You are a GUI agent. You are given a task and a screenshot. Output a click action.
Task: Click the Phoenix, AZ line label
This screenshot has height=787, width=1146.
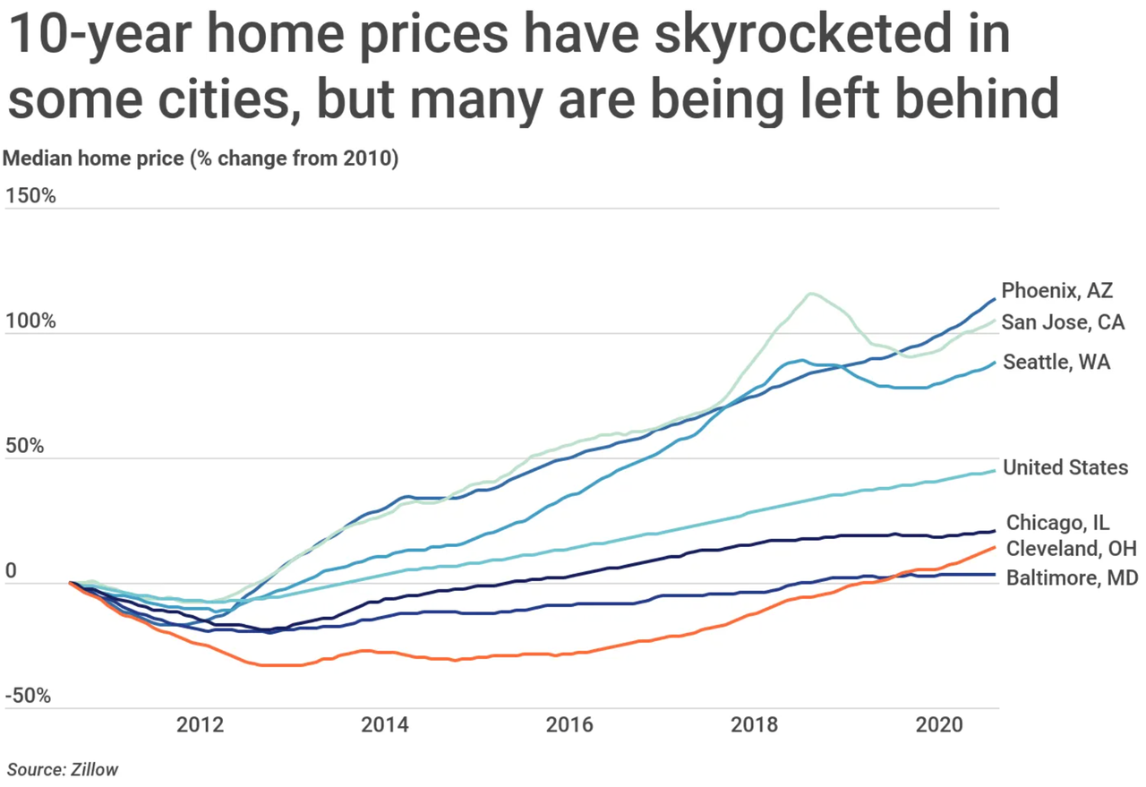click(1056, 291)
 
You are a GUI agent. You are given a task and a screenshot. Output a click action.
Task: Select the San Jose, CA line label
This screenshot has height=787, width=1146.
click(1063, 322)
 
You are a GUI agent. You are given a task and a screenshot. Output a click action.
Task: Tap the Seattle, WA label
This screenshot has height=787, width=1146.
click(1056, 363)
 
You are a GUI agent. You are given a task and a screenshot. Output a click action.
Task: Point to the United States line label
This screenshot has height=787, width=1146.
click(1065, 467)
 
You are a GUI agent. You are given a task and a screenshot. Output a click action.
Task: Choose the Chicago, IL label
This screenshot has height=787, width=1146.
click(1059, 523)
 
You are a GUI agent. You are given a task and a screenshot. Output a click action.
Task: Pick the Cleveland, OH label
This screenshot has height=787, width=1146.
click(1072, 548)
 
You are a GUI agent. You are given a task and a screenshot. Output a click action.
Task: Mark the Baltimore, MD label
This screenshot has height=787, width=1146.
click(1072, 577)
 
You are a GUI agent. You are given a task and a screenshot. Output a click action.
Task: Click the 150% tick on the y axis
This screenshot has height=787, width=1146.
click(31, 195)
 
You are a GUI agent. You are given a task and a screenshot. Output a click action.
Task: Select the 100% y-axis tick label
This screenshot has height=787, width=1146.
click(31, 321)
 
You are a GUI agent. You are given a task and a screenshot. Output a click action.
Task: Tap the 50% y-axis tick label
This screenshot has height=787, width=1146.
click(27, 446)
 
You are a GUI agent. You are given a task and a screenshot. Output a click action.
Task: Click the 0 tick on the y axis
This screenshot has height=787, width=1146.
click(12, 571)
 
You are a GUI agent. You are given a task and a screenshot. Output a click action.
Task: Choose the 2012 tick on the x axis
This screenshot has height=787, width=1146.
click(201, 725)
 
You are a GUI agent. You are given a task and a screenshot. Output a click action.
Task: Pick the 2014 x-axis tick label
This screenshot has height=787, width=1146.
click(386, 725)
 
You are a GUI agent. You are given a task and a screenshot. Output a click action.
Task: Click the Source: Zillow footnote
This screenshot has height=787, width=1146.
click(63, 769)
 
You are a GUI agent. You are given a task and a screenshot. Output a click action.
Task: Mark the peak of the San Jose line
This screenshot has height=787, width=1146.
click(811, 293)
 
